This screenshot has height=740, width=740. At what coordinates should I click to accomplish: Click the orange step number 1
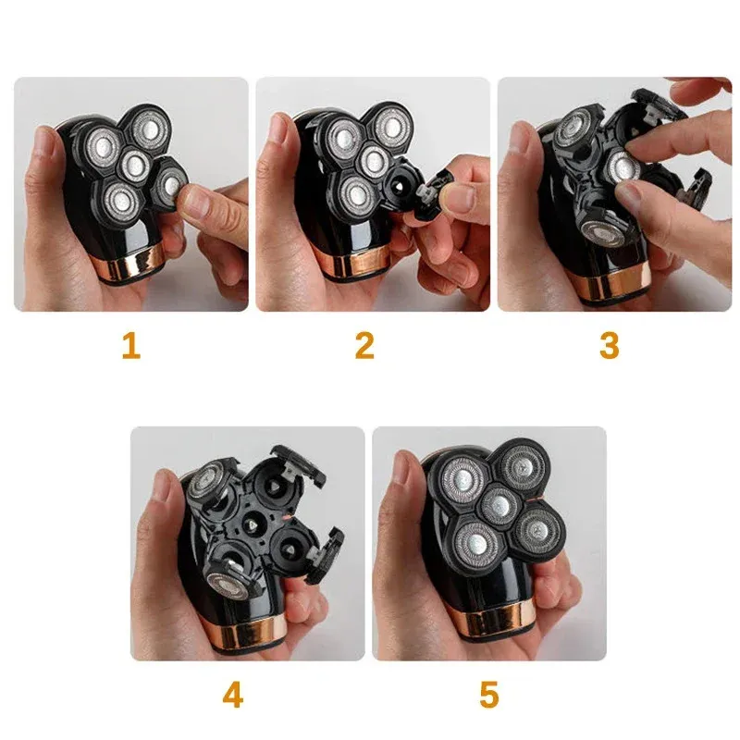131,345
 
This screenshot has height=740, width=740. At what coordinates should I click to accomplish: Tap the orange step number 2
364,345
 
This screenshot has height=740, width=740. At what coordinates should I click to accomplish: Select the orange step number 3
610,345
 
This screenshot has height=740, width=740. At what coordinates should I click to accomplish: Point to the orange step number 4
233,695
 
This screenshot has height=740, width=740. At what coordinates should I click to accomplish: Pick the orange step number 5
489,695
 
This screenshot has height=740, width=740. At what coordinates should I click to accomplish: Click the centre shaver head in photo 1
134,165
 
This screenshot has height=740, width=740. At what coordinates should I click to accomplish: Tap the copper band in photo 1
129,264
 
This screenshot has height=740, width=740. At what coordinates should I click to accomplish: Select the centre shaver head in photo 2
374,159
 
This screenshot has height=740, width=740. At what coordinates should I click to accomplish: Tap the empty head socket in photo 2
399,186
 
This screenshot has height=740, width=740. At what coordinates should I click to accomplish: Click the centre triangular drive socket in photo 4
253,525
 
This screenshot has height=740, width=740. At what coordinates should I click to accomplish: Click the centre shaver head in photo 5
500,505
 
